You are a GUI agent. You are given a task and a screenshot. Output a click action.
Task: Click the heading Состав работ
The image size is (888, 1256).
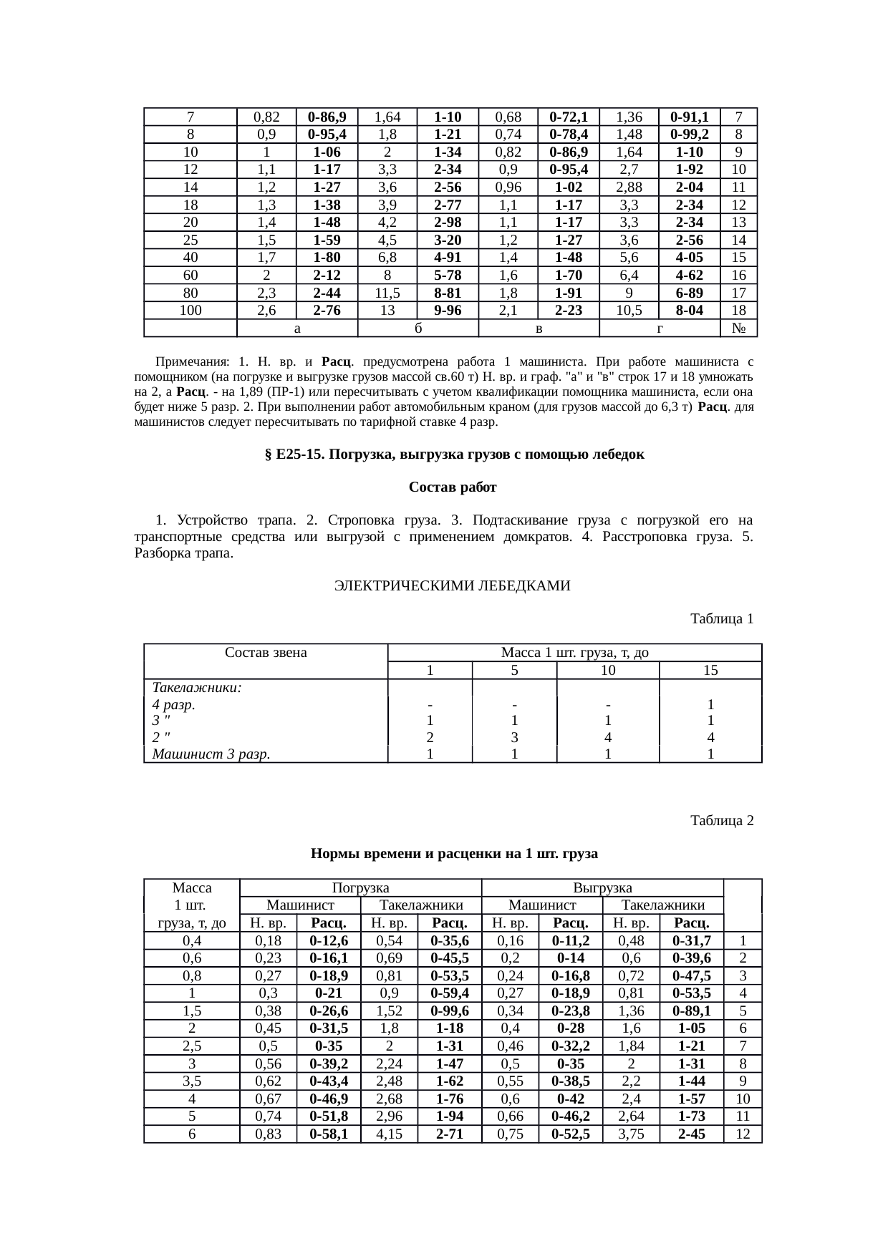point(453,487)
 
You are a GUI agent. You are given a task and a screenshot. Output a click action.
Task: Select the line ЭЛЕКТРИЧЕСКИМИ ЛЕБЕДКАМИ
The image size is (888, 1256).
point(452,586)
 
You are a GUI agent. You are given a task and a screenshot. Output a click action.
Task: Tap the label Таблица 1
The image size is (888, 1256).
point(721,618)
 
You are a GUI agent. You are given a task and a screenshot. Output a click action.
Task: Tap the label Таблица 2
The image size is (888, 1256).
point(721,820)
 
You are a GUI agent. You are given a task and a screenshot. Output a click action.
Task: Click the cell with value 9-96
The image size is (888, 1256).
point(448,310)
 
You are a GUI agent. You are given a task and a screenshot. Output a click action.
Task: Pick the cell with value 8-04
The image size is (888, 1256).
point(689,310)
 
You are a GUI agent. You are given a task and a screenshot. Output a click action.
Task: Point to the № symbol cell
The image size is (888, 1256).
point(740,328)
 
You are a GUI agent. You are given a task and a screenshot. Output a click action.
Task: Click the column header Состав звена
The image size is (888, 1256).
point(266,653)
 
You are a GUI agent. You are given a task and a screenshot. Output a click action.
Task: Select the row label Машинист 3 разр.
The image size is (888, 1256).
point(211,754)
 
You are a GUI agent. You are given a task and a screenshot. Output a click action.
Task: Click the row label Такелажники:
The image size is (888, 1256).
point(197,687)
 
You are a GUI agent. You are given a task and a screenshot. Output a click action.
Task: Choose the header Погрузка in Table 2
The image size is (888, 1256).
point(360,888)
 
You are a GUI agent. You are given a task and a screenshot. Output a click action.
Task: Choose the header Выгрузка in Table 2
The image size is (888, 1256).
point(603,888)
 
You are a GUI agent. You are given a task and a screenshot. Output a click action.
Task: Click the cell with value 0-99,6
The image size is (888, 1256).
point(450,1011)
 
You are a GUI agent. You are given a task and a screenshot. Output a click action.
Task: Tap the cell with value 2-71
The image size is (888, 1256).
point(450,1134)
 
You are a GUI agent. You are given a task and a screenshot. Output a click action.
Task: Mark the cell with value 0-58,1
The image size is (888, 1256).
point(328,1134)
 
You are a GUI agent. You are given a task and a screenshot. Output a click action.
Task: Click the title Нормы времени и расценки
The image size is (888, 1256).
point(454,854)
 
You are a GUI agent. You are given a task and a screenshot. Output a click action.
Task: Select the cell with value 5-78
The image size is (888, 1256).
point(448,275)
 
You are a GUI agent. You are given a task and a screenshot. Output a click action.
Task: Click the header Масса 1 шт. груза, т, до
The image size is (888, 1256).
point(574,653)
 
